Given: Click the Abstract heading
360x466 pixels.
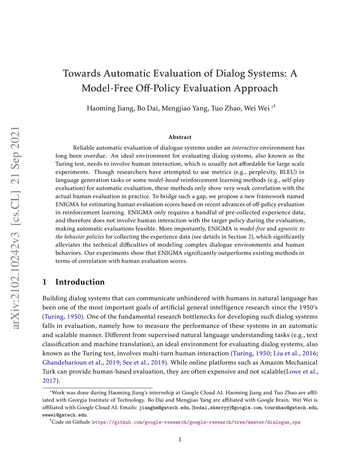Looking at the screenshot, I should point(180,137).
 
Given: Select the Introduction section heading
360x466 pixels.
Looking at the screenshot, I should point(80,282).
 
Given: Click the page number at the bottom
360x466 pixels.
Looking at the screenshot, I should point(180,439).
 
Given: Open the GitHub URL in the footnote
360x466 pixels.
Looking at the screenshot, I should point(196,422).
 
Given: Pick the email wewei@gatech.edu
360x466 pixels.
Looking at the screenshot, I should point(65,415).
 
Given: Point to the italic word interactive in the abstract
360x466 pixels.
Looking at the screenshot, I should point(245,148).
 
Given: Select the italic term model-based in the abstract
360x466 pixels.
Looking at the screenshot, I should point(163,180).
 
